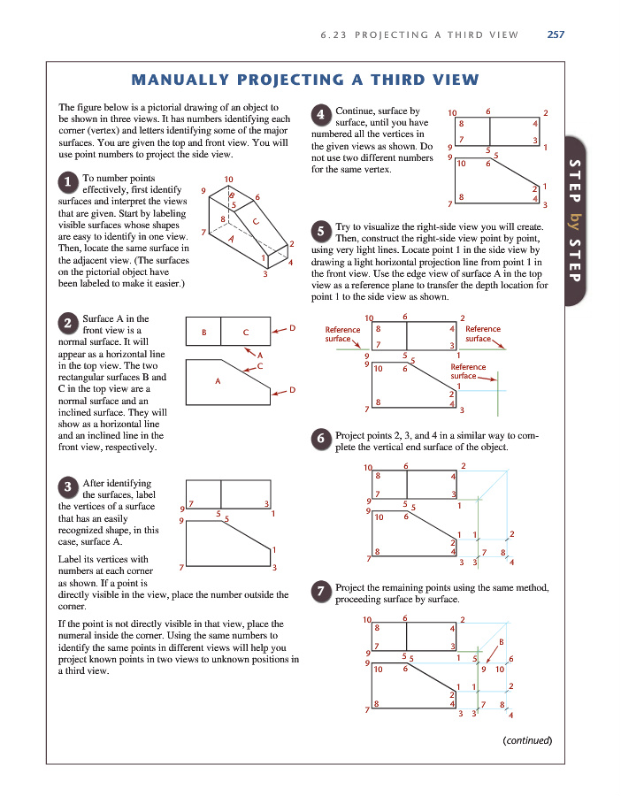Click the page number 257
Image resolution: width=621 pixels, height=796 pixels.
click(556, 35)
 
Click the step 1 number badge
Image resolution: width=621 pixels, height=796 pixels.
click(68, 183)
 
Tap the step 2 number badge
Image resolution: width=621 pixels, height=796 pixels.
click(68, 322)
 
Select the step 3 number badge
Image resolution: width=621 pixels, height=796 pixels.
click(68, 487)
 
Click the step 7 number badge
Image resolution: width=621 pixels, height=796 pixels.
click(323, 593)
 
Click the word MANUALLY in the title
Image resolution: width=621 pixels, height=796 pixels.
click(184, 80)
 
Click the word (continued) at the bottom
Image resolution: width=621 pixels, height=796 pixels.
click(526, 739)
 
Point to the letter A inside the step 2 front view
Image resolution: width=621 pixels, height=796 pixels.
click(217, 382)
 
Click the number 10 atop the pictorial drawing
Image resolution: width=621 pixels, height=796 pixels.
click(228, 180)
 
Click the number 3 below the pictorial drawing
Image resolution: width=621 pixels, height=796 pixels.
click(264, 274)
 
